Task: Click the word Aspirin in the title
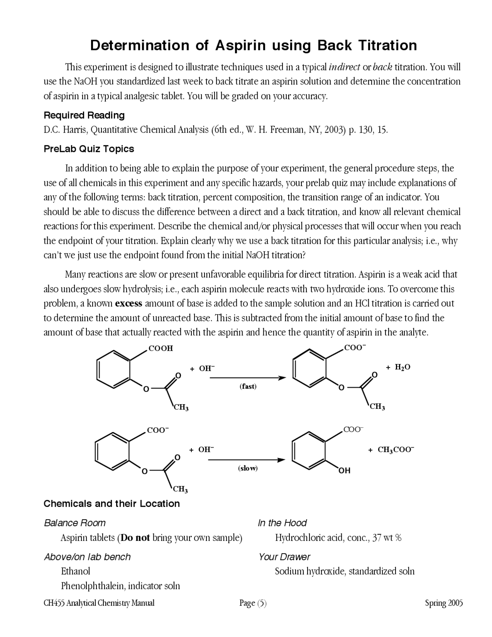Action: (x=240, y=45)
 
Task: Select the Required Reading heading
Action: (x=84, y=115)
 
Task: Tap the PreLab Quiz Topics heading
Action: (x=89, y=149)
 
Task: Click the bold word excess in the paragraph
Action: (x=129, y=303)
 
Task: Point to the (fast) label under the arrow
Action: (x=248, y=386)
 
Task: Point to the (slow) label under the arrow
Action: (x=248, y=468)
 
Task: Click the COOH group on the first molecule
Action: (x=161, y=348)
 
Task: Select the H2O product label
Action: (x=403, y=367)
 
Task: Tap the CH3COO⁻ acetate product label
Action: (x=396, y=449)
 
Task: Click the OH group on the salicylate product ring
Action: (x=344, y=470)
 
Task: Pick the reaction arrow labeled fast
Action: (x=248, y=378)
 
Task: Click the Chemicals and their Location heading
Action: (x=111, y=504)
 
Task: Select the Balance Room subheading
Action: (x=75, y=523)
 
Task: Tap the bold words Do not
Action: (x=135, y=537)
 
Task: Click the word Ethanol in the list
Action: (x=75, y=571)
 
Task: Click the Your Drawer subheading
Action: (x=284, y=557)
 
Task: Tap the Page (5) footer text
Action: (x=253, y=603)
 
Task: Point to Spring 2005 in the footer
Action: (x=444, y=603)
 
